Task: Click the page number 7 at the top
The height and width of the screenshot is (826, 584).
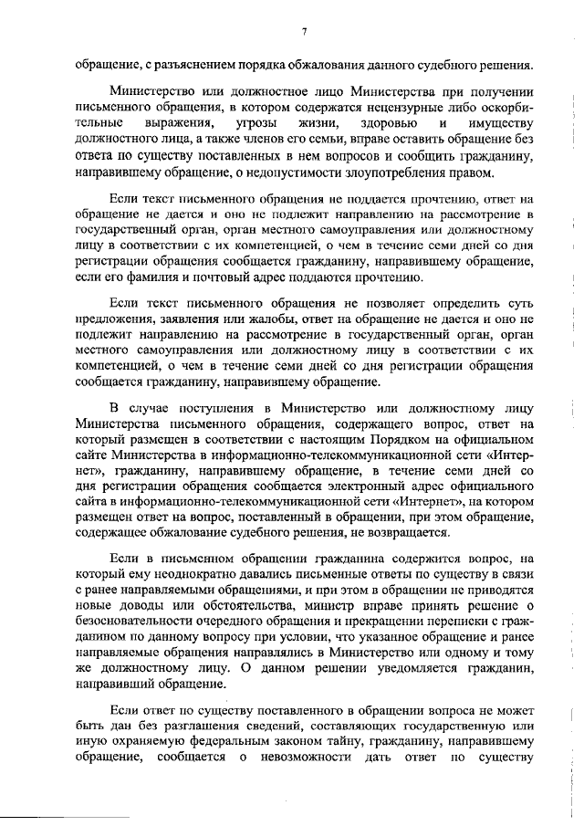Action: point(305,34)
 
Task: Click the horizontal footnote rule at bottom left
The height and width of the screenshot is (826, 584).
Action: point(40,805)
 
